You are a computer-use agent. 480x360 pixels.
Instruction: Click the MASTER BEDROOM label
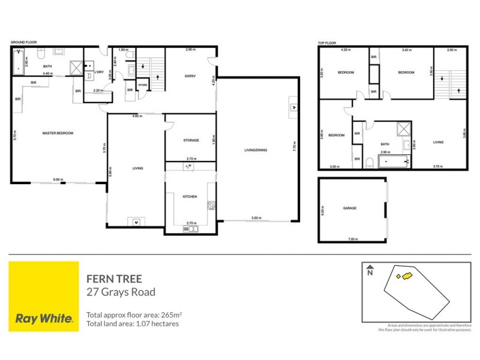pos(58,133)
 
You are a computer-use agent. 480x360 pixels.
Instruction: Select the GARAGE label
pos(349,208)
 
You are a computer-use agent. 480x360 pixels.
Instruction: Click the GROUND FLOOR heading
pos(23,43)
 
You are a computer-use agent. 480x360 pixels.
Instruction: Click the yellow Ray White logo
pos(44,296)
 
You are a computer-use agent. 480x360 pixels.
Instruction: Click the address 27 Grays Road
pos(121,293)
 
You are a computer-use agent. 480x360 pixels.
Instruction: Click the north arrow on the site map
pos(370,271)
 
